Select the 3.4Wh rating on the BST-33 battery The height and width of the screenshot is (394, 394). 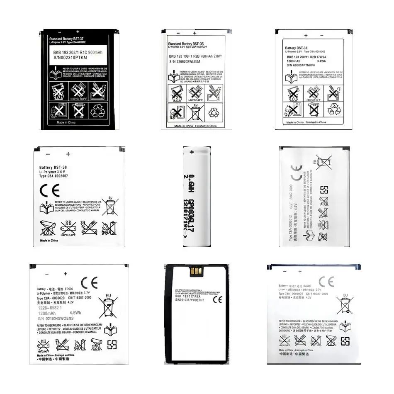(321, 61)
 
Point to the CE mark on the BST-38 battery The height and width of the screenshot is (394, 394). (49, 190)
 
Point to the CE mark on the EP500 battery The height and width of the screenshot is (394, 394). (89, 283)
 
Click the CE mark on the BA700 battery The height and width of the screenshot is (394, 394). (326, 282)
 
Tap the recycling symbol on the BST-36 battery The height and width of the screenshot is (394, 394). (216, 112)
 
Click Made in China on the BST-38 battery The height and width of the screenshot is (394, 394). (49, 240)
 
